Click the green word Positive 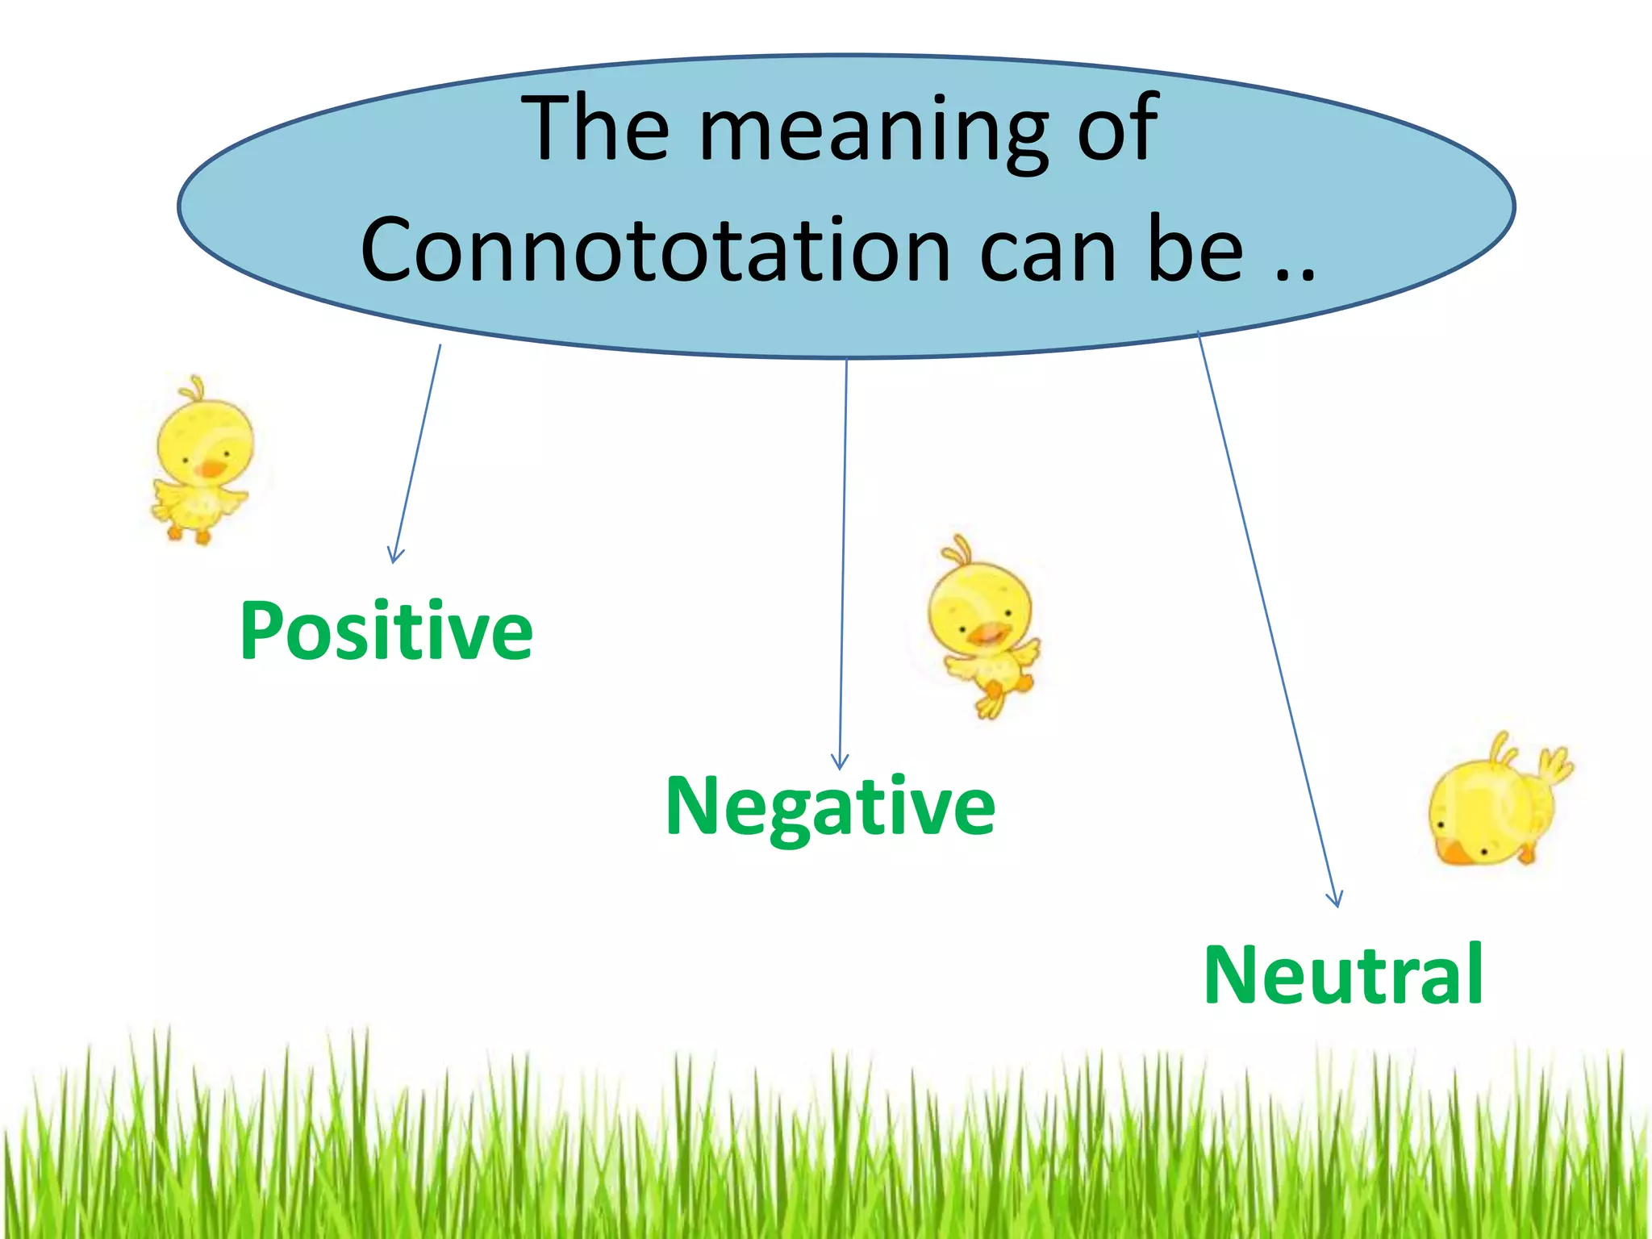(386, 632)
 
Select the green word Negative (830, 806)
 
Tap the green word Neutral (1343, 974)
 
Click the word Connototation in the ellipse (655, 250)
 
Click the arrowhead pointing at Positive (394, 556)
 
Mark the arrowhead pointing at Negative (840, 761)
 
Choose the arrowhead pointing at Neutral (1335, 899)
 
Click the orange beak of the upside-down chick (1456, 852)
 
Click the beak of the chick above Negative (987, 635)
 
